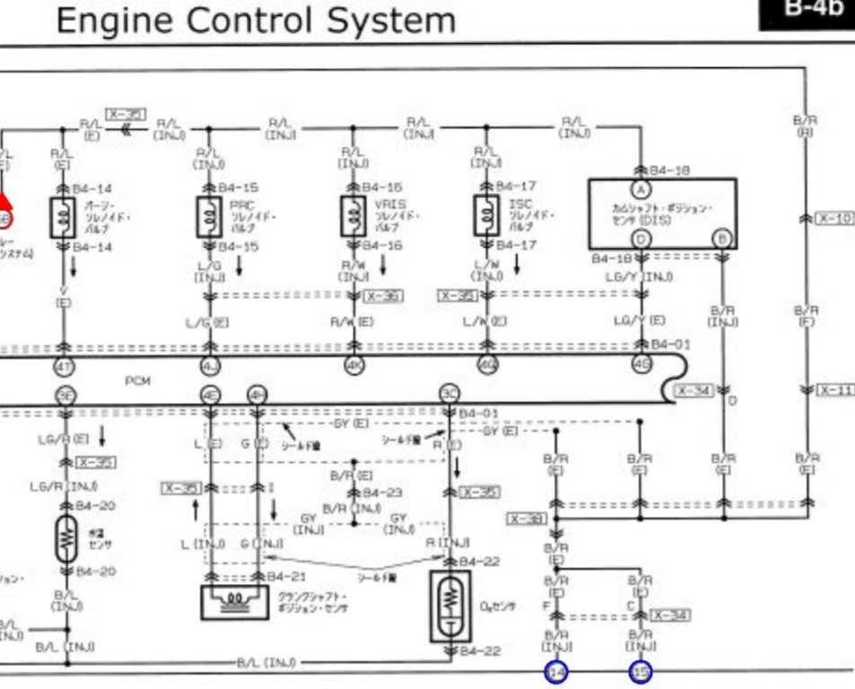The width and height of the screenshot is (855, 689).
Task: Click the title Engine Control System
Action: pyautogui.click(x=256, y=19)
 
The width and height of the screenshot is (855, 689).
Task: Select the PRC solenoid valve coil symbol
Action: pyautogui.click(x=208, y=215)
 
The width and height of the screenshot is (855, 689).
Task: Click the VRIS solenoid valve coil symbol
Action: pyautogui.click(x=352, y=215)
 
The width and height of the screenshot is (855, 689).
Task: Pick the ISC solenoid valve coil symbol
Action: pyautogui.click(x=485, y=215)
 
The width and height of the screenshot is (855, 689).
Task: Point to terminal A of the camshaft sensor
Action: pyautogui.click(x=641, y=189)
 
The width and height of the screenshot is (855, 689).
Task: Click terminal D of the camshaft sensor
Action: pyautogui.click(x=641, y=239)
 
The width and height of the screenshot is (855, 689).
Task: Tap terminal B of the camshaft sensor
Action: pyautogui.click(x=723, y=239)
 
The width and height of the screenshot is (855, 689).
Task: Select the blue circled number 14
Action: pyautogui.click(x=556, y=671)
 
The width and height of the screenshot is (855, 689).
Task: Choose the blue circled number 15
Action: pyautogui.click(x=640, y=671)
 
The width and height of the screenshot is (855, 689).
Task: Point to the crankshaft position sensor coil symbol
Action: pyautogui.click(x=235, y=599)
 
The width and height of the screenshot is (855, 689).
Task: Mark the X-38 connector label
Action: pyautogui.click(x=526, y=519)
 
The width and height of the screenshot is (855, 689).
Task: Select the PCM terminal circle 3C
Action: pyautogui.click(x=449, y=393)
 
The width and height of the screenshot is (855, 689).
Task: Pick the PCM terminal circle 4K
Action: pyautogui.click(x=353, y=365)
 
